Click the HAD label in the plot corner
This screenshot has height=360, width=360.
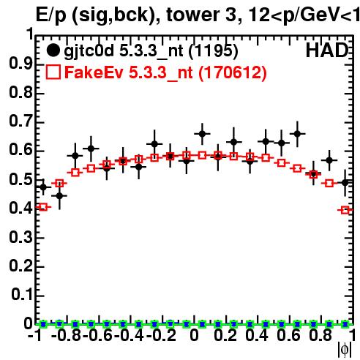point(327,50)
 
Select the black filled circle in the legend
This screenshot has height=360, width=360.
point(53,50)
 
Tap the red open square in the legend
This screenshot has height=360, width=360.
point(53,72)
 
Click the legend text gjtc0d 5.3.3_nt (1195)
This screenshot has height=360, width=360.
point(151,51)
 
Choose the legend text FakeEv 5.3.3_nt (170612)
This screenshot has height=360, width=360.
point(165,72)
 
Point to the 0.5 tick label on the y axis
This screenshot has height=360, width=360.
point(20,179)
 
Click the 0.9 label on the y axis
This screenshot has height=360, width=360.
point(20,64)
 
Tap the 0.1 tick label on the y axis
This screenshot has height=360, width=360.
point(21,295)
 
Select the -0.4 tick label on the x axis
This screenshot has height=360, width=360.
point(129,335)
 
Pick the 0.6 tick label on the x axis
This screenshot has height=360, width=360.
point(288,335)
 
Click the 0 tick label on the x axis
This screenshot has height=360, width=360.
point(194,335)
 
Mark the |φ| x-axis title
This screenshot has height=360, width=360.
point(345,350)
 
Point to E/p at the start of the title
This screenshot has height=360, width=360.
point(50,16)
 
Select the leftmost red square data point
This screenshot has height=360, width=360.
point(43,207)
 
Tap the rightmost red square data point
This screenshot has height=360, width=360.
point(345,210)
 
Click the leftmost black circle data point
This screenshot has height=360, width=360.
point(43,187)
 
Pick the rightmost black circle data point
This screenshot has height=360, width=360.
point(345,183)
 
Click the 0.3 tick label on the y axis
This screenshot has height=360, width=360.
point(20,237)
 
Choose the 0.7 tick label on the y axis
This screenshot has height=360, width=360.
point(20,121)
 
